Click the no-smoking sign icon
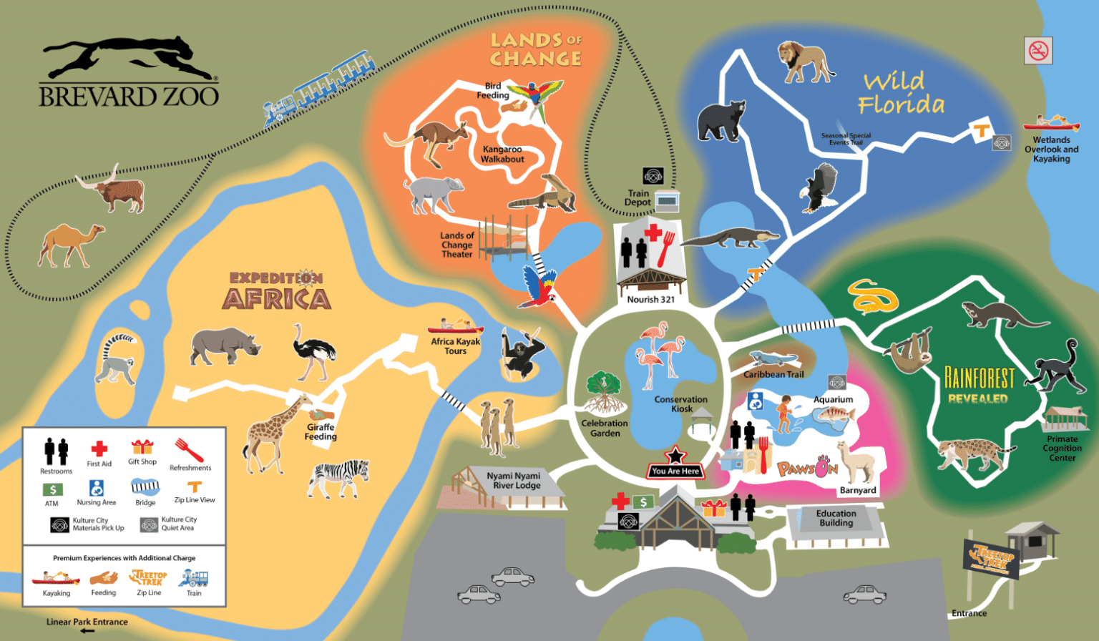(1037, 51)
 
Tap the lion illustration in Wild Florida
(805, 62)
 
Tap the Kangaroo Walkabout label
(502, 155)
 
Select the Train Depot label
(638, 198)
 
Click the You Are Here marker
(675, 465)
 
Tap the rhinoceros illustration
(224, 346)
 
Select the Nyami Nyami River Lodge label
(513, 481)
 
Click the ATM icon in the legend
(52, 490)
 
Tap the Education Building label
(836, 519)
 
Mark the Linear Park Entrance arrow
(87, 631)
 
